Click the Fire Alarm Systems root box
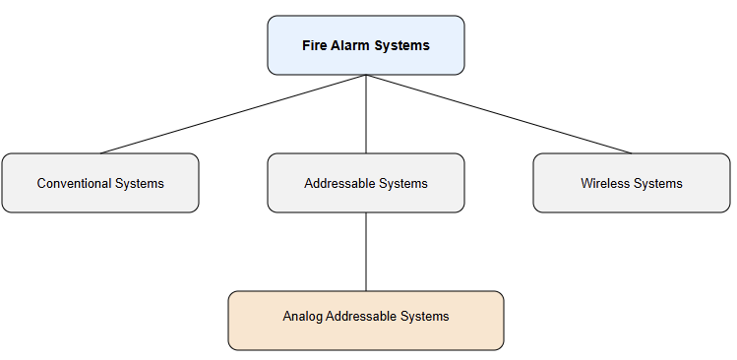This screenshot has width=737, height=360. [x=366, y=45]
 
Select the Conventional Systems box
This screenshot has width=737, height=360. [x=100, y=183]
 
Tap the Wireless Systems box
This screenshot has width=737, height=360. [x=632, y=183]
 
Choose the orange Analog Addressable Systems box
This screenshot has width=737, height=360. [x=366, y=321]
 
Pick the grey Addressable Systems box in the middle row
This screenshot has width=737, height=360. [x=366, y=183]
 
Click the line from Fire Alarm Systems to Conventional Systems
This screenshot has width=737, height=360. [x=233, y=114]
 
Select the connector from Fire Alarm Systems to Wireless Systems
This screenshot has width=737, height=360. [x=499, y=114]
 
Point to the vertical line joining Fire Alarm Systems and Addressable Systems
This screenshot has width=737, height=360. [x=366, y=114]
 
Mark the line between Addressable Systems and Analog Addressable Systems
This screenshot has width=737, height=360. [x=366, y=252]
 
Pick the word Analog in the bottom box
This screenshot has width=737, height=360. [x=302, y=316]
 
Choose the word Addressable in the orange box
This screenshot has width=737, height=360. [x=361, y=316]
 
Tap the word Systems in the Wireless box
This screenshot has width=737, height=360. [x=658, y=183]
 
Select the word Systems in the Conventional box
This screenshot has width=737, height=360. [x=139, y=183]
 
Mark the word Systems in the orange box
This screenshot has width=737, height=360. [x=424, y=316]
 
